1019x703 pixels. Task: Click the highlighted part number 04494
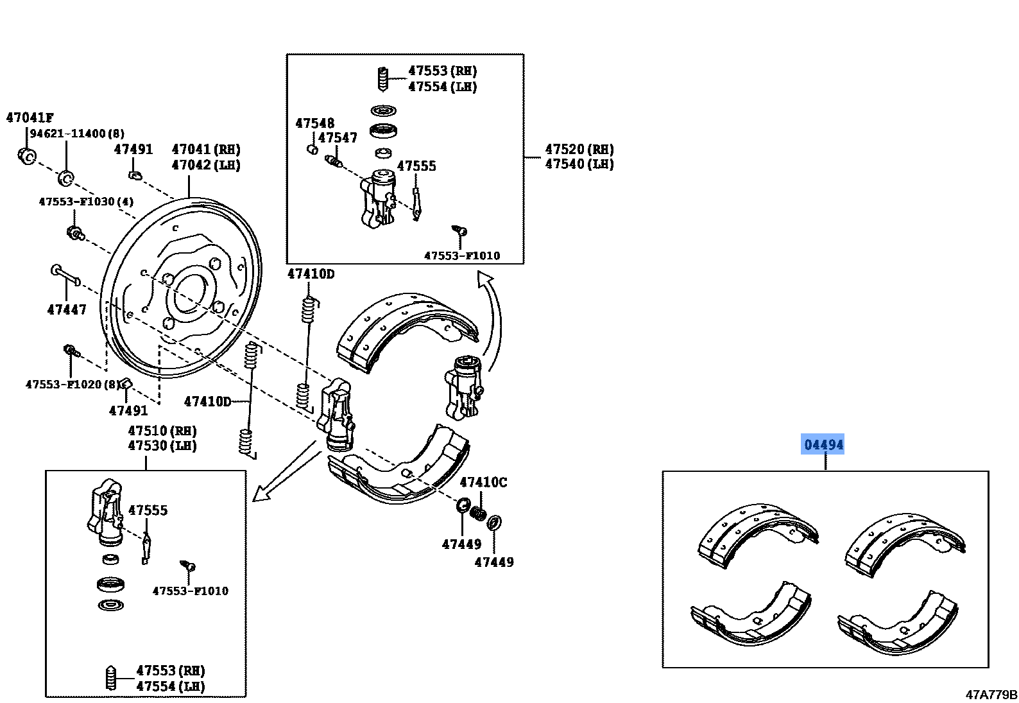[824, 444]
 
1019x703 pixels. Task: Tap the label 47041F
[30, 117]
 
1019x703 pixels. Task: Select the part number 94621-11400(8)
[76, 134]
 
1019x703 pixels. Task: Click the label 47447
[67, 309]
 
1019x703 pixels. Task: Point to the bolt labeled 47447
[64, 274]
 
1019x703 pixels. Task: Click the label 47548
[314, 123]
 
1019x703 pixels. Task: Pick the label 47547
[338, 137]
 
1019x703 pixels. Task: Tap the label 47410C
[483, 482]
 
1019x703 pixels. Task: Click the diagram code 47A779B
[991, 694]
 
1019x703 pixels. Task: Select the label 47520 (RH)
[579, 149]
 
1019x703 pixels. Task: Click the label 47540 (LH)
[579, 164]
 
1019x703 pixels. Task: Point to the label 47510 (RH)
[162, 430]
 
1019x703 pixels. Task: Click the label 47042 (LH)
[205, 164]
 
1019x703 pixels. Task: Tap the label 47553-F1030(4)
[86, 201]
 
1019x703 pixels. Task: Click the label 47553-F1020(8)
[73, 384]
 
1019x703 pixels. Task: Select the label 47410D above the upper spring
[311, 273]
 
